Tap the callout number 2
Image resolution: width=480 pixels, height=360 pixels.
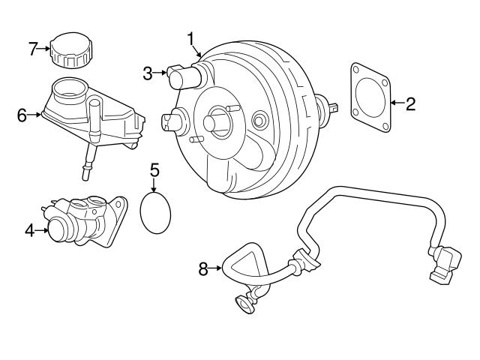[410, 104]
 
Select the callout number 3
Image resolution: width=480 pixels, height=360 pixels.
[148, 73]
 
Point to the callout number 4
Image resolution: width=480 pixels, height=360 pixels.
[28, 230]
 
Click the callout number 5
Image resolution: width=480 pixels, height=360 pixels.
[154, 170]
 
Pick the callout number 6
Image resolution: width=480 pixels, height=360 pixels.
[22, 115]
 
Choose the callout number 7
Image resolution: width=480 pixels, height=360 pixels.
[32, 49]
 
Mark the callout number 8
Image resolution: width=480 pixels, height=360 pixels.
[202, 268]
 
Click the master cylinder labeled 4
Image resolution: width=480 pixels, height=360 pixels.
[82, 221]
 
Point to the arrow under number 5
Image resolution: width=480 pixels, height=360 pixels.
[154, 184]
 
